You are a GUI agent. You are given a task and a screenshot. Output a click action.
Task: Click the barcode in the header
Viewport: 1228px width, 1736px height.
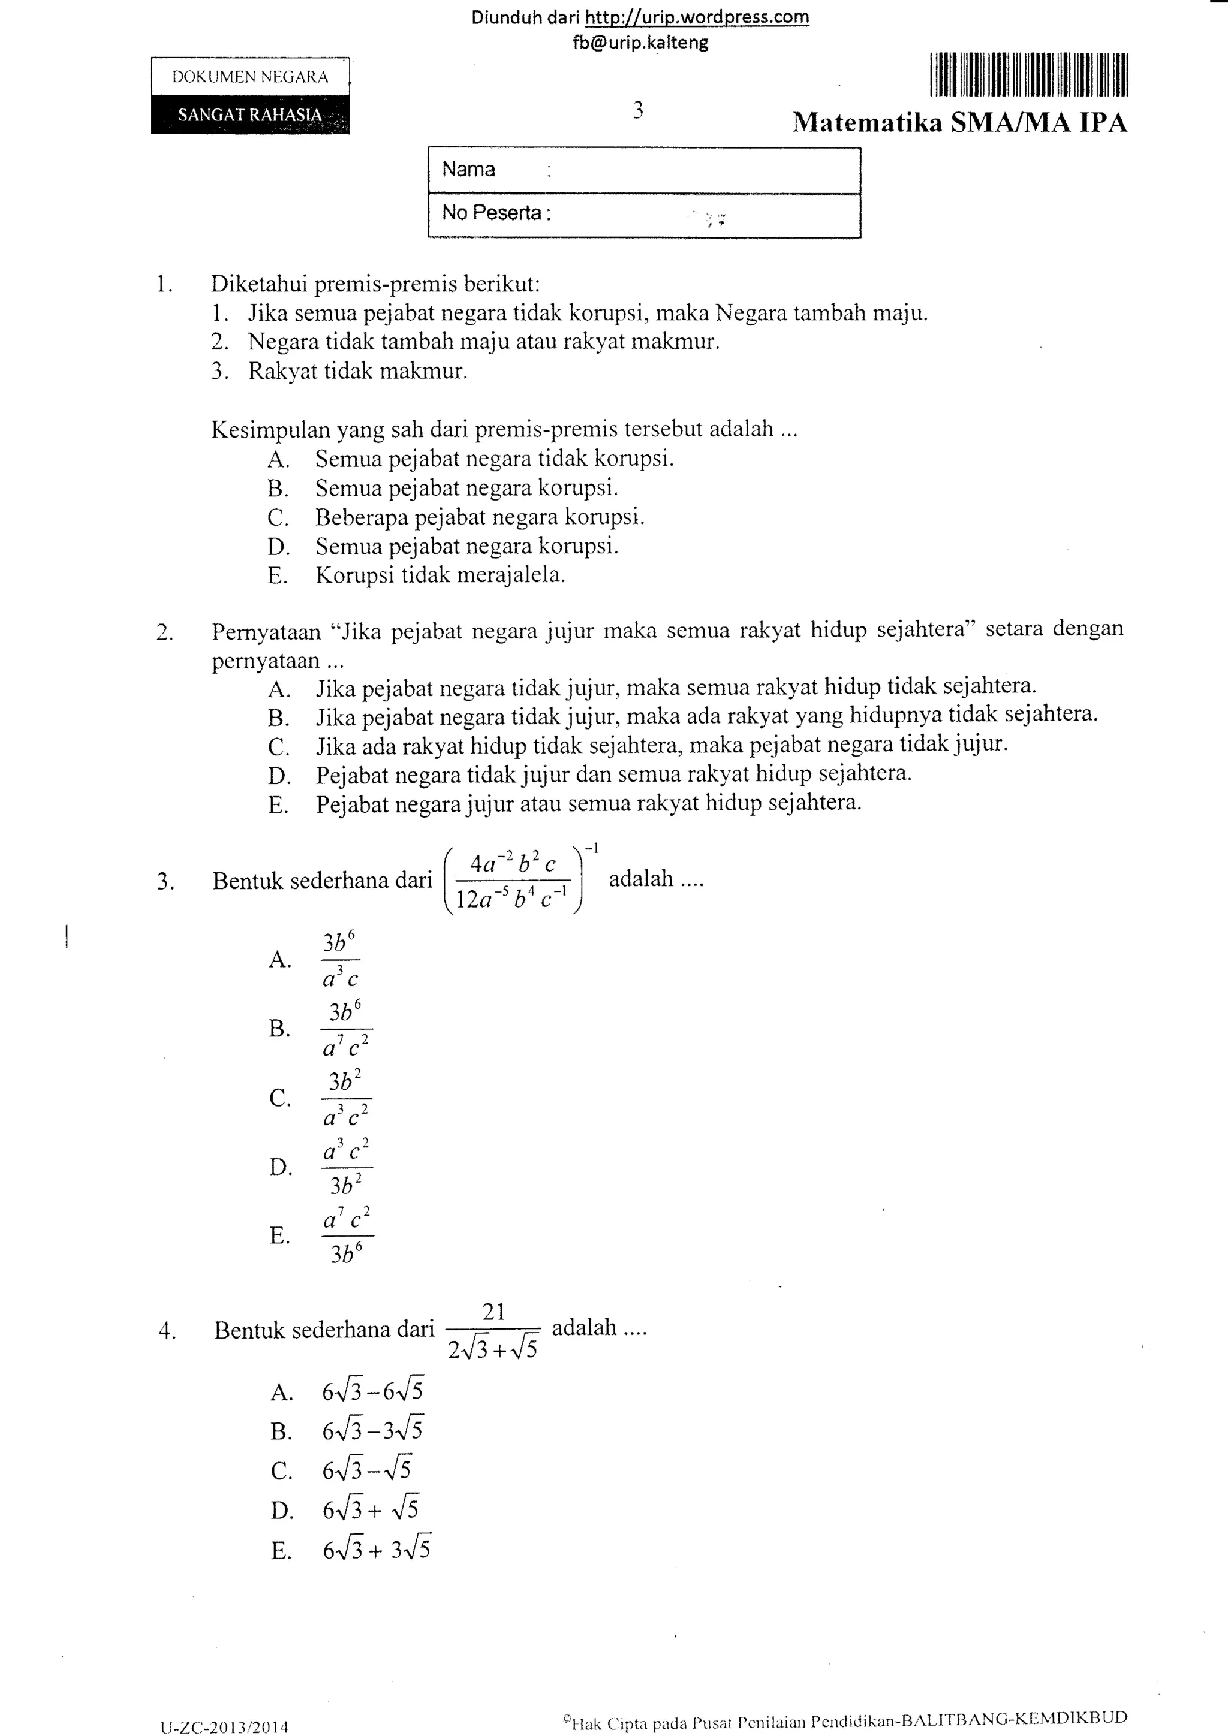[x=1029, y=75]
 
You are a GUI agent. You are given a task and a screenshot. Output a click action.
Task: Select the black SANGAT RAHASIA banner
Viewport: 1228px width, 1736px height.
[x=250, y=115]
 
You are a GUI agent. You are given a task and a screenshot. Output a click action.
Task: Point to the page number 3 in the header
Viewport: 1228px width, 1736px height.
[x=638, y=110]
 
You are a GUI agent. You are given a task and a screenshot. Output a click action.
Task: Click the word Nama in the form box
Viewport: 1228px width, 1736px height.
[x=469, y=170]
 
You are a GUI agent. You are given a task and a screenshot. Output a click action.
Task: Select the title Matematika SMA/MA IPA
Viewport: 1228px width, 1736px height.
[x=959, y=122]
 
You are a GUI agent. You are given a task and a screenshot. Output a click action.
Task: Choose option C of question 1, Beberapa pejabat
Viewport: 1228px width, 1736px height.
[x=480, y=517]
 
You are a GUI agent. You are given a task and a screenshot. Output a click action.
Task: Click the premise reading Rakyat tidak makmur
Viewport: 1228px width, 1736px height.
[x=357, y=371]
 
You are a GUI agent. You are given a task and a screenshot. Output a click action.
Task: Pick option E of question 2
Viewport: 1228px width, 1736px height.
[x=588, y=803]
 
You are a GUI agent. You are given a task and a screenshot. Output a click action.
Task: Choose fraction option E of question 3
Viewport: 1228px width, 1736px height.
[x=347, y=1235]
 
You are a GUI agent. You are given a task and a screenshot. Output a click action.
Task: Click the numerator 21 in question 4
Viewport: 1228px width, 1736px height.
[x=493, y=1312]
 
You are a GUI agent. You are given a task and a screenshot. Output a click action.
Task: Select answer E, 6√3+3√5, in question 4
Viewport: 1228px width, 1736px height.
[x=377, y=1551]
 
